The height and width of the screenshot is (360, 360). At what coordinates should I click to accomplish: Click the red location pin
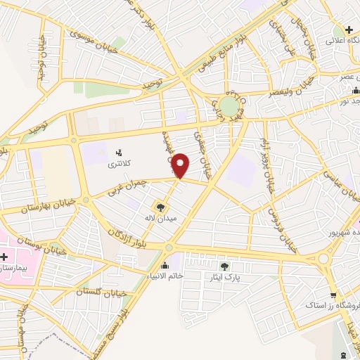coord(181,165)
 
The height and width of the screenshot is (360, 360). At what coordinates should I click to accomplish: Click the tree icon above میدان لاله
coord(160,207)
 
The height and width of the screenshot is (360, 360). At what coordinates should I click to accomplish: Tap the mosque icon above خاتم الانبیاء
coord(165,265)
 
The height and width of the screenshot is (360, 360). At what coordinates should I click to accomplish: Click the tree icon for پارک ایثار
coord(224,266)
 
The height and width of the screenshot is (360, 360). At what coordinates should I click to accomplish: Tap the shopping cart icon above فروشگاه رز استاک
coord(333,295)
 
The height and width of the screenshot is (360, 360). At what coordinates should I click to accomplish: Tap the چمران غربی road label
coord(129,186)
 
